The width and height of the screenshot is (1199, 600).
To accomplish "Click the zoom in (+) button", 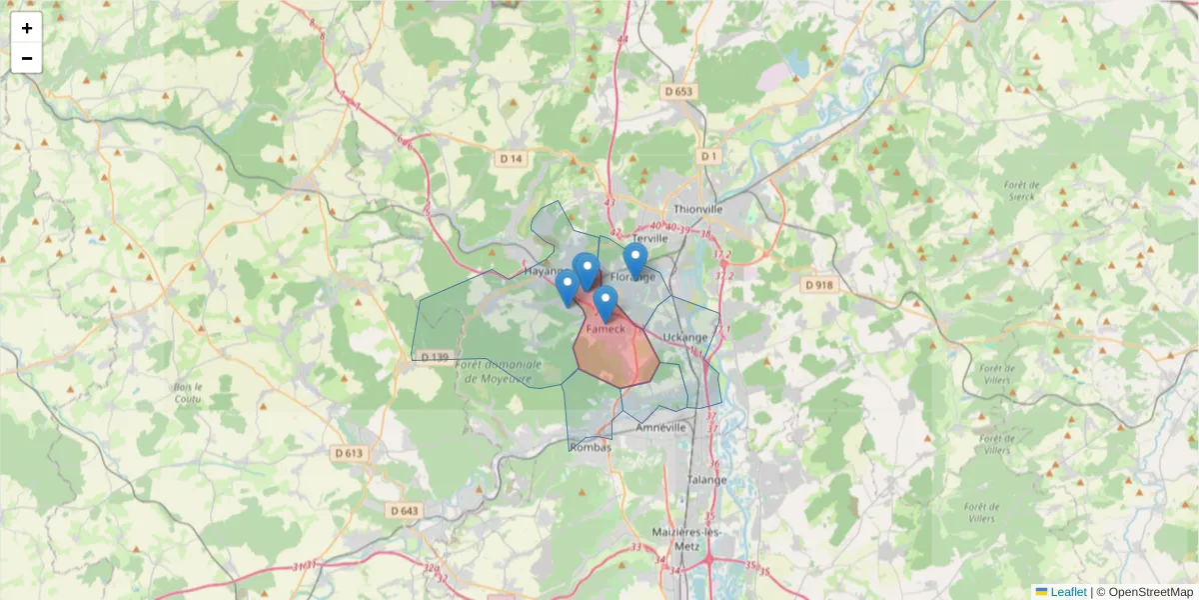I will point(27,28).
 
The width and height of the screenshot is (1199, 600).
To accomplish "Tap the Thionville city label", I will point(697,209).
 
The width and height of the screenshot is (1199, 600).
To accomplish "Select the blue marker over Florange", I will point(634,259).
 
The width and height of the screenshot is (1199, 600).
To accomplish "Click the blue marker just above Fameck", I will point(603,301).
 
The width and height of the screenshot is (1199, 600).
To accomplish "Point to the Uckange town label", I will point(684,337).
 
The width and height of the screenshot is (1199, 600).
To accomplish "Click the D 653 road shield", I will point(677,92).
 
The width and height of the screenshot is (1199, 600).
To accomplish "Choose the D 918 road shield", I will point(817,285).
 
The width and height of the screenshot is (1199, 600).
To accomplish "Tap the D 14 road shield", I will point(511,159).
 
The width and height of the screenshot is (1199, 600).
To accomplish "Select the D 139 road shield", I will point(434,357).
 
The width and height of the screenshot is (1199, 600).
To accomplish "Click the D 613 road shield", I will point(349,453).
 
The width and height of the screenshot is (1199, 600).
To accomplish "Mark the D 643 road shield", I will point(405,511).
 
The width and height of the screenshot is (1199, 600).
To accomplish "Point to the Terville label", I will point(649,240).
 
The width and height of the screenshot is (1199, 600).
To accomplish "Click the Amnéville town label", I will point(661,427).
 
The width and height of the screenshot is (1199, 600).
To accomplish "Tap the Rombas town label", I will point(591,447).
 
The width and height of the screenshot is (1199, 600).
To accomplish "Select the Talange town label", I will point(707,479).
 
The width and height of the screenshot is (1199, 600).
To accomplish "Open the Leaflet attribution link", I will point(1068,592).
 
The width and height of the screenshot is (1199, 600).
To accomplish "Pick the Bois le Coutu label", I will point(187,392).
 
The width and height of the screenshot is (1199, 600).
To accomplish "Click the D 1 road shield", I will point(709,157).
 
